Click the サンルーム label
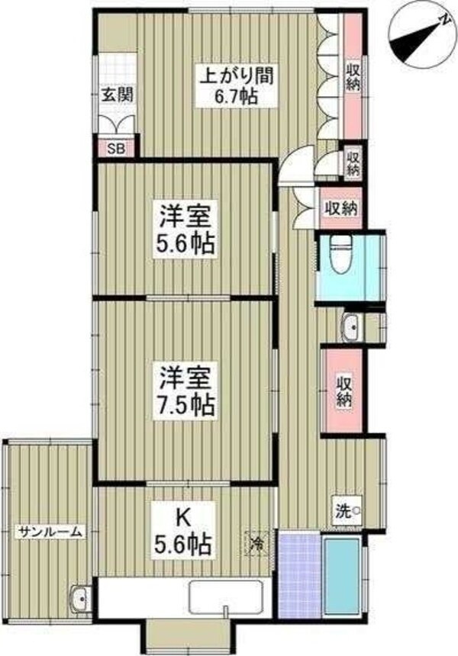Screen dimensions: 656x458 point(50,532)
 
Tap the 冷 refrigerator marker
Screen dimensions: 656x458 point(257,544)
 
